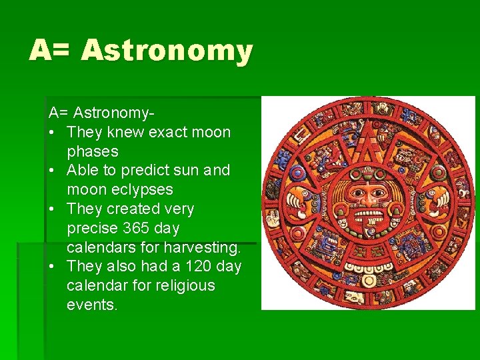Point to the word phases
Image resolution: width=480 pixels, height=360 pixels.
tap(92, 151)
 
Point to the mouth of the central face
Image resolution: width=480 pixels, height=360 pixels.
tap(367, 217)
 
